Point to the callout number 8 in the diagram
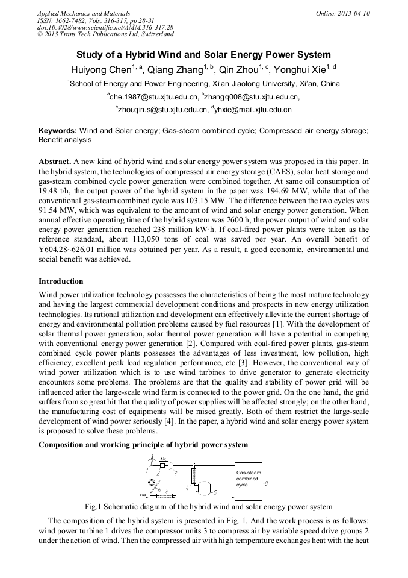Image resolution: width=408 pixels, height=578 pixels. (267, 483)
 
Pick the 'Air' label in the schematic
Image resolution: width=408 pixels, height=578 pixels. (162, 459)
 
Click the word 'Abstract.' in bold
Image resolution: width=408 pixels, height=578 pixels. (55, 162)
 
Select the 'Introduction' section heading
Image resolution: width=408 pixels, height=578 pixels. (61, 281)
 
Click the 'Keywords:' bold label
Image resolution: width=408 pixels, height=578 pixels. (58, 130)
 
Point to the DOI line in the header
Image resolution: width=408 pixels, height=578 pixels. (105, 27)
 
